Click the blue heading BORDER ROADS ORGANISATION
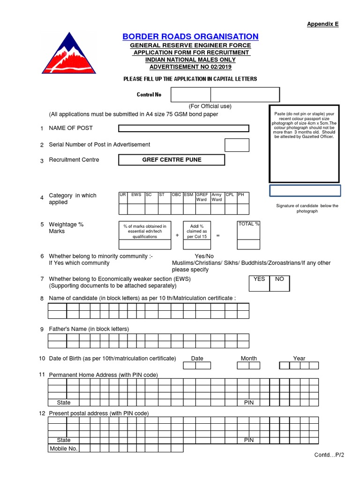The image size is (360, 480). click(x=190, y=37)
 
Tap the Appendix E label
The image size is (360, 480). click(x=322, y=24)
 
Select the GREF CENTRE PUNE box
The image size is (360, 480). click(x=172, y=160)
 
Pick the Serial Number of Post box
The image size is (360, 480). click(x=237, y=145)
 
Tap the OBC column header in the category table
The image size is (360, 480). click(x=176, y=195)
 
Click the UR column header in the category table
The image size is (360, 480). click(x=123, y=195)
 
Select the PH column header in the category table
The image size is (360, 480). click(x=241, y=195)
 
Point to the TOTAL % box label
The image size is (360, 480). click(x=248, y=224)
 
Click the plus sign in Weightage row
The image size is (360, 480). click(x=177, y=235)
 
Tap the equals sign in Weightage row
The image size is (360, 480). click(x=218, y=235)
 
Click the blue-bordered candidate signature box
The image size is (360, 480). click(x=305, y=191)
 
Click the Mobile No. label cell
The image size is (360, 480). click(x=64, y=449)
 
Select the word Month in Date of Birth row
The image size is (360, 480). click(x=248, y=358)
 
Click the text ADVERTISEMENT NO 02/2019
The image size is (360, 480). click(x=190, y=67)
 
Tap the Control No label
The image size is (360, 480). click(x=149, y=95)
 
